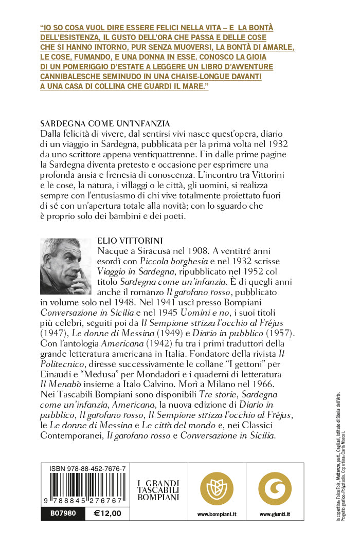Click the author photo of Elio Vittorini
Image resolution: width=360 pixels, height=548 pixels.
click(x=65, y=266)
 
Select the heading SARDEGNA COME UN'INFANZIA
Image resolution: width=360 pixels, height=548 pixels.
click(x=104, y=124)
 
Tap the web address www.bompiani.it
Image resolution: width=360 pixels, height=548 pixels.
click(x=217, y=514)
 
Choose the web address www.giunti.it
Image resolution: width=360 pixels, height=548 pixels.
click(x=274, y=514)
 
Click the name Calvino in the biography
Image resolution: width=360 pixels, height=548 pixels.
click(x=197, y=383)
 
